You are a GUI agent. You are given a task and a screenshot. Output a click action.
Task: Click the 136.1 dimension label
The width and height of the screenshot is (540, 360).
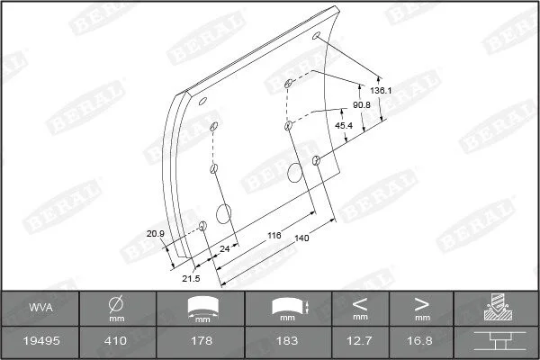pos(381,91)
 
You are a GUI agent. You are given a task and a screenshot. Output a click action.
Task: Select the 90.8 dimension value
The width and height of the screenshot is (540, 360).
pos(361,104)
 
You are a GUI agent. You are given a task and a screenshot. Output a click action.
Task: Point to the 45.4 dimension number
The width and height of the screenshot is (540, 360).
pos(344,125)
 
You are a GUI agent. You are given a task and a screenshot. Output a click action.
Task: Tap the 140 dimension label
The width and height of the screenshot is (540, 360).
pos(302,238)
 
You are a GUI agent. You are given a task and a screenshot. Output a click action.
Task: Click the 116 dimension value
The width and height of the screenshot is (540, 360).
pos(274,235)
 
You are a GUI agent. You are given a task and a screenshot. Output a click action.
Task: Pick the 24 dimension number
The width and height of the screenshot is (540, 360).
pos(224,248)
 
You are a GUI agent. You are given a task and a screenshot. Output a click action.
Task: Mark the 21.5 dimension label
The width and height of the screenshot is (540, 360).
pos(191,278)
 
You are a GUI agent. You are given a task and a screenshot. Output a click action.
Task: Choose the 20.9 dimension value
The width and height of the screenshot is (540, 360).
pos(156,234)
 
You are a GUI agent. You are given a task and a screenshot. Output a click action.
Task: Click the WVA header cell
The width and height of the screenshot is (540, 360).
pos(41,308)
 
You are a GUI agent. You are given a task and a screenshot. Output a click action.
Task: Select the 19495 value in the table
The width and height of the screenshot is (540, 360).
pos(41,341)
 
